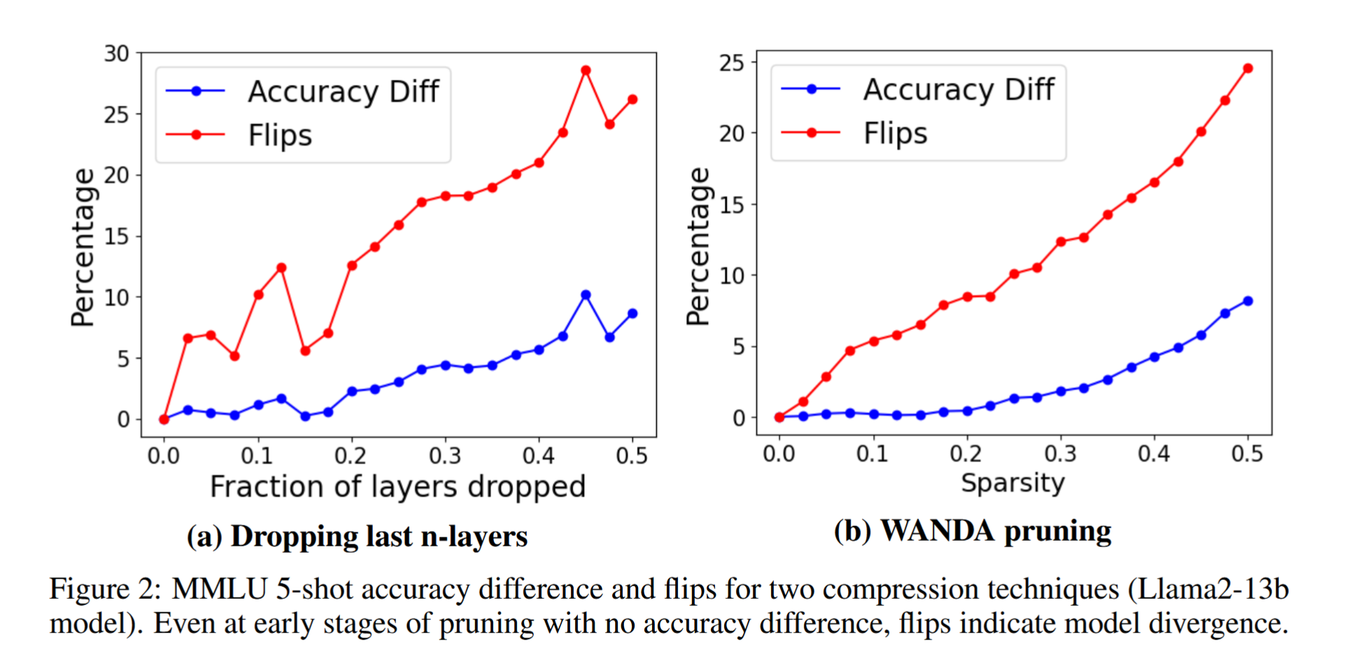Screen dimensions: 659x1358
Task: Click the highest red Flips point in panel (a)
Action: (x=586, y=71)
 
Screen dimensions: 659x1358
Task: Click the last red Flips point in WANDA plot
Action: (x=1247, y=69)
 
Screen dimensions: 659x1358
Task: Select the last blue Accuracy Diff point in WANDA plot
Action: (x=1247, y=302)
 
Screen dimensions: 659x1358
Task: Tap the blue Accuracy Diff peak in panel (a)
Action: (x=586, y=295)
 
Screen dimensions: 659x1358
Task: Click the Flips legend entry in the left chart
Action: (x=280, y=135)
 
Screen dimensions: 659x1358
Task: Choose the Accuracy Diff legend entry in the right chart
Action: (x=958, y=90)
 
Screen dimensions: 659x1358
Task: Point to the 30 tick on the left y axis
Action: (x=117, y=54)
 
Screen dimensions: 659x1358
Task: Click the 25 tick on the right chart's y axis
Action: (x=732, y=63)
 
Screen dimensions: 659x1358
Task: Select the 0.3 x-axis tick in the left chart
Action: (x=445, y=456)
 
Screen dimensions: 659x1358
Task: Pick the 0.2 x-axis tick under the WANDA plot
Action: (x=966, y=454)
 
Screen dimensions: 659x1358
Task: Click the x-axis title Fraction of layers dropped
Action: (x=397, y=487)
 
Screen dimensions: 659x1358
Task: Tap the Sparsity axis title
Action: (x=1012, y=483)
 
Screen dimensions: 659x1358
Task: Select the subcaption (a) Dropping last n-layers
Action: (x=357, y=537)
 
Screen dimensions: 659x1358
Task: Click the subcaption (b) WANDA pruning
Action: (x=972, y=531)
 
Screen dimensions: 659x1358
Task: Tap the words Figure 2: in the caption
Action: (x=105, y=589)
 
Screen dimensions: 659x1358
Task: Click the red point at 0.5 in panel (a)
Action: (x=632, y=100)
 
